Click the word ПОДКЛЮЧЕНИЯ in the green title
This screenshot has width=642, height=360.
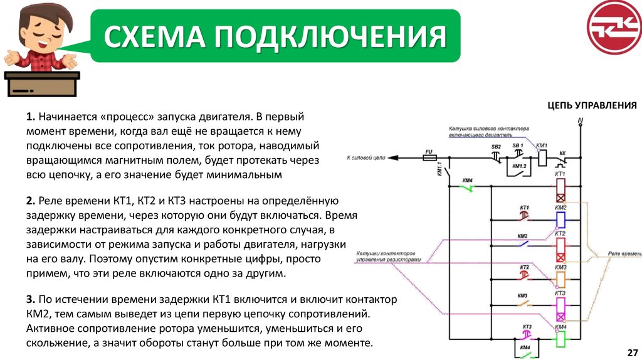click(x=332, y=37)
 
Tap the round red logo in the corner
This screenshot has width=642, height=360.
click(x=614, y=28)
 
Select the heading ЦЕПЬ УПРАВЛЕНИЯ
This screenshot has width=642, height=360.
click(x=592, y=105)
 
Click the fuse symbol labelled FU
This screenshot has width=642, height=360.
click(x=429, y=157)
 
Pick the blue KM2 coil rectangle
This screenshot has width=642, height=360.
click(x=561, y=219)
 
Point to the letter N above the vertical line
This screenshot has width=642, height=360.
click(x=580, y=119)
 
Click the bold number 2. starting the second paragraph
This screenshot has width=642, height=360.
click(x=31, y=201)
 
